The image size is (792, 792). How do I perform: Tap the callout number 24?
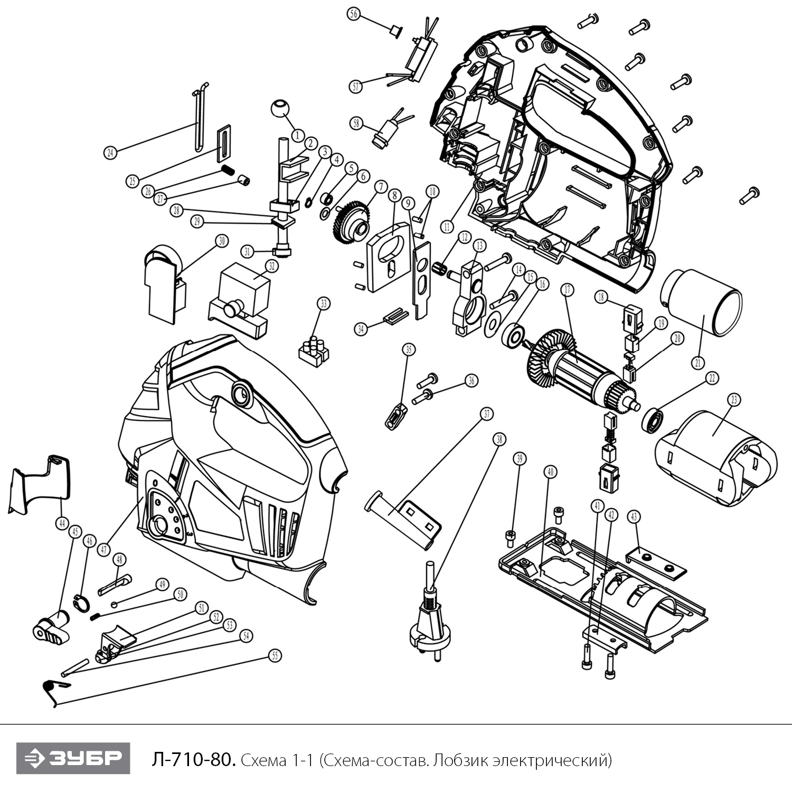[x=110, y=153]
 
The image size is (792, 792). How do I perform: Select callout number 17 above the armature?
[x=567, y=290]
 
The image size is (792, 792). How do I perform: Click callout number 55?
[x=275, y=656]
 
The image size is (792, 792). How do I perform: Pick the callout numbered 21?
[x=697, y=363]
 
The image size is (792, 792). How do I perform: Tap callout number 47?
[x=104, y=550]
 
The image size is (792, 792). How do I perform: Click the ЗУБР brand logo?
[x=73, y=758]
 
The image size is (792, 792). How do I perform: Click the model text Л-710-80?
[x=192, y=760]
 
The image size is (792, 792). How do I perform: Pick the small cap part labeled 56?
[x=394, y=30]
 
